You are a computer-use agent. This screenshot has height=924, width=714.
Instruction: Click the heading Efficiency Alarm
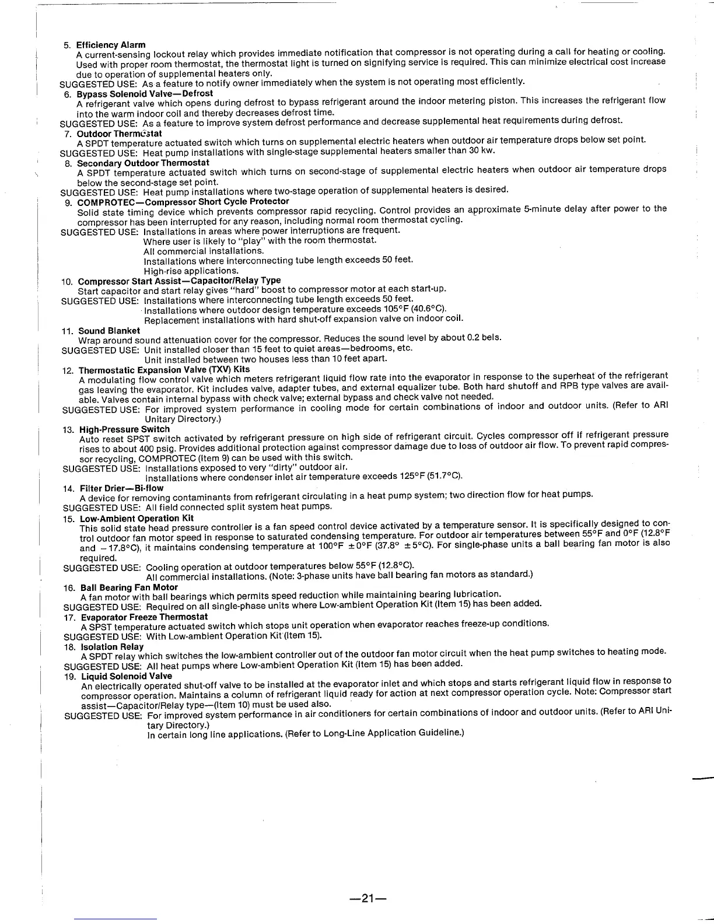tap(111, 45)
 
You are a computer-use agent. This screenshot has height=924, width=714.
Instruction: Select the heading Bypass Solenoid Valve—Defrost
tap(145, 93)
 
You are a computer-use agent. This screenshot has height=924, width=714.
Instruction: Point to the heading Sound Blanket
tap(109, 331)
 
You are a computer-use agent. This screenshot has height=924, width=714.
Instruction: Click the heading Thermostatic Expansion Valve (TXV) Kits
tap(164, 370)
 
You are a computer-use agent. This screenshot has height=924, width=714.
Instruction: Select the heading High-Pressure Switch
tap(124, 429)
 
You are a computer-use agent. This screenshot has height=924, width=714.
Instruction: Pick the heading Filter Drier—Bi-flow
tap(121, 488)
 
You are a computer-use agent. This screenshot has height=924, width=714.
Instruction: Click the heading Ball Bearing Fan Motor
tap(129, 587)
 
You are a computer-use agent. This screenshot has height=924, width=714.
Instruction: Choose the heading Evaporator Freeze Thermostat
tap(144, 617)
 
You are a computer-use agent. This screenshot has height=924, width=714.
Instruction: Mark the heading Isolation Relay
tap(112, 647)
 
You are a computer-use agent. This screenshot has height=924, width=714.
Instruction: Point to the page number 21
tap(363, 899)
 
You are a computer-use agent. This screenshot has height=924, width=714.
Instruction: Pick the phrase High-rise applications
tap(191, 271)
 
